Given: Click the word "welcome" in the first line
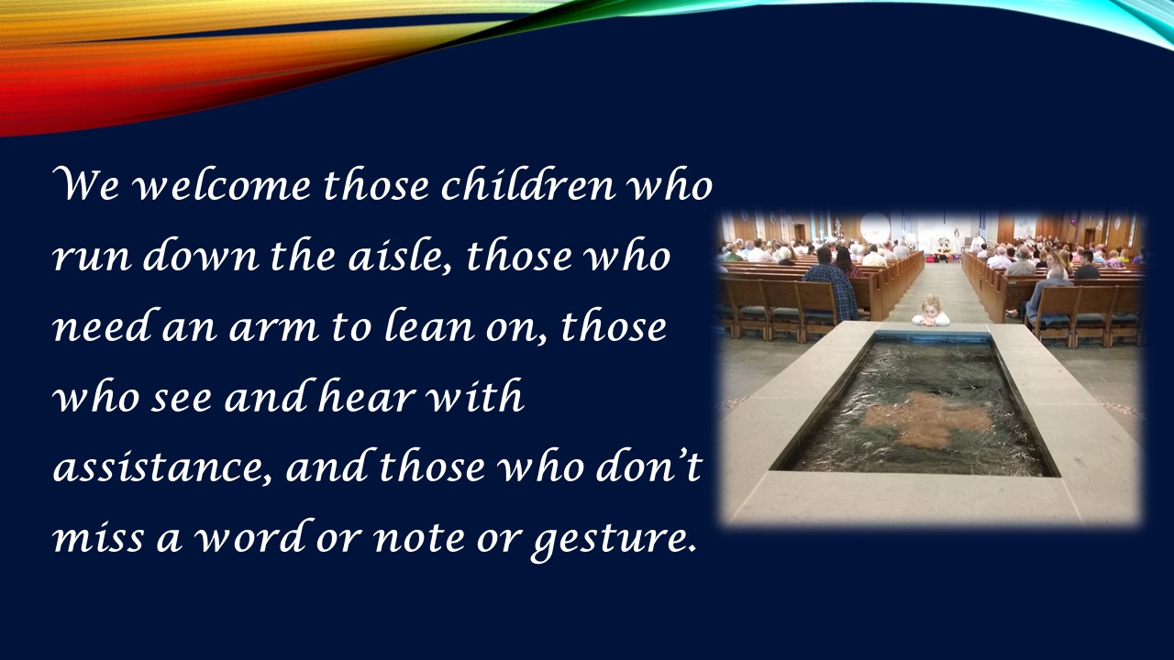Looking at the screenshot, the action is pyautogui.click(x=223, y=186).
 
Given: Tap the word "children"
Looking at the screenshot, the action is pyautogui.click(x=528, y=185).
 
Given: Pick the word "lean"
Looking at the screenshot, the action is pyautogui.click(x=430, y=325).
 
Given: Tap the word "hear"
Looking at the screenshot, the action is pyautogui.click(x=366, y=396).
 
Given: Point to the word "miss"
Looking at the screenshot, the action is pyautogui.click(x=98, y=538).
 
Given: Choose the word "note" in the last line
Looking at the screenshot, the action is pyautogui.click(x=419, y=539).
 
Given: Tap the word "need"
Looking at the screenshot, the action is pyautogui.click(x=105, y=325).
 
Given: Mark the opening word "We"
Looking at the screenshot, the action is pyautogui.click(x=86, y=185).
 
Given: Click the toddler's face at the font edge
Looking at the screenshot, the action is pyautogui.click(x=931, y=309).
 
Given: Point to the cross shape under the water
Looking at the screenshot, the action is pyautogui.click(x=926, y=419).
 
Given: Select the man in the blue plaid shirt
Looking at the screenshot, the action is pyautogui.click(x=832, y=285).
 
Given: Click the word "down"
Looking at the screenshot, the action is pyautogui.click(x=201, y=256).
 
